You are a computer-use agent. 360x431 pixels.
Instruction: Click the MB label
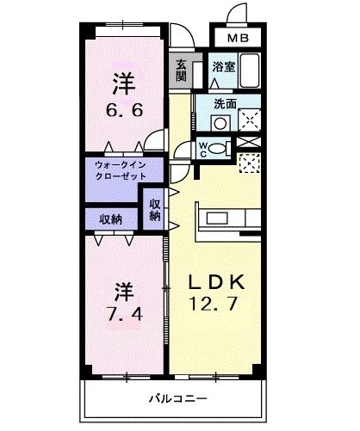tap(239, 39)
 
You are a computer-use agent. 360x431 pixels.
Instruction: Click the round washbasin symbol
tap(221, 122)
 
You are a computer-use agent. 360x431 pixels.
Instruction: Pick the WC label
tap(202, 149)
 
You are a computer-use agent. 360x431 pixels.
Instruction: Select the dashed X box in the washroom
tap(250, 120)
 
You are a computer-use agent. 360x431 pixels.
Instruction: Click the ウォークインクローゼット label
tap(112, 169)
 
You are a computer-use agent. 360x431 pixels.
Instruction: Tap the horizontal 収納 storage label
tap(110, 219)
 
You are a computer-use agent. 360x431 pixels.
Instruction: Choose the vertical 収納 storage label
tap(155, 210)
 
